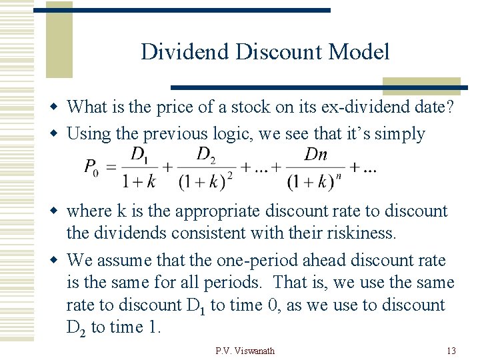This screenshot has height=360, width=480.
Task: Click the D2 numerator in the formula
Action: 206,155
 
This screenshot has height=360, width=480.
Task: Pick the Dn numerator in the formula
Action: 315,155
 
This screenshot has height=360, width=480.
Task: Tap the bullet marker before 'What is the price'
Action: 59,107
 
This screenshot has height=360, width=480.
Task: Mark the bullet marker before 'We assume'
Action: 59,261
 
